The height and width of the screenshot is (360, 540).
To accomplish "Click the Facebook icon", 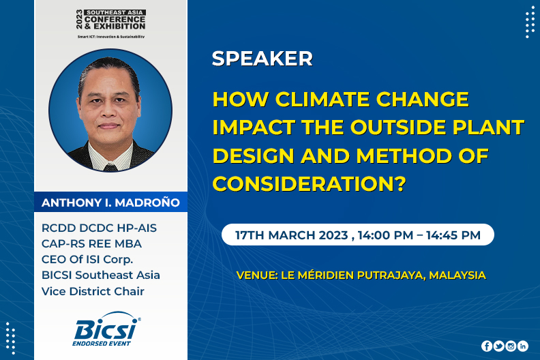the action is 487,346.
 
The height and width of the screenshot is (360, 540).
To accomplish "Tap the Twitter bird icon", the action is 498,346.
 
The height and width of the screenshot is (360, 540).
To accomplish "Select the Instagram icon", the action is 511,346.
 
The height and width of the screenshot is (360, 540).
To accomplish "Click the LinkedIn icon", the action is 523,346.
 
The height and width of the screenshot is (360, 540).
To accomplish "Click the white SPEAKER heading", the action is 262,58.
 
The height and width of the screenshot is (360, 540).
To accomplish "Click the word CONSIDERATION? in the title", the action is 310,183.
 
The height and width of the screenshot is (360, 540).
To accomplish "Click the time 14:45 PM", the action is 453,235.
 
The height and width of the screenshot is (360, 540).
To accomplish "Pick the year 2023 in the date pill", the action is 333,235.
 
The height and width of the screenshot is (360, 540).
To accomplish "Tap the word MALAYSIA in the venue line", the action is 457,275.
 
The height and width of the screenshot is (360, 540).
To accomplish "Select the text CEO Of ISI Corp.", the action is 87,259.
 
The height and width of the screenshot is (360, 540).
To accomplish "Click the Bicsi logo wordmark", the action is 106,329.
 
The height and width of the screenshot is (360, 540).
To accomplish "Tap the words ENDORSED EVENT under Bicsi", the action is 102,344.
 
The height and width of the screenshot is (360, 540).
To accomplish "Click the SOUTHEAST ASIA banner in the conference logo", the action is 115,12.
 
